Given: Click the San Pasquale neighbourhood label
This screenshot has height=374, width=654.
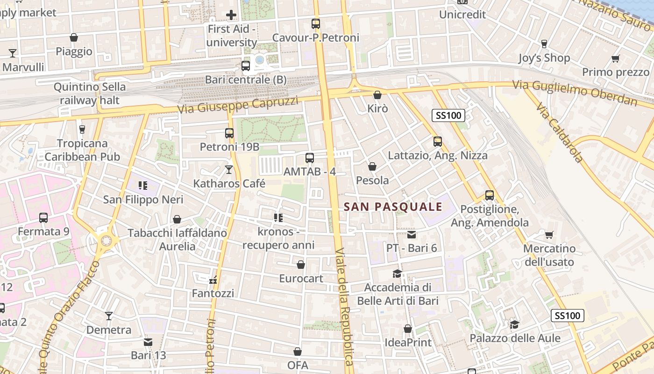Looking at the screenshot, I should pyautogui.click(x=393, y=207).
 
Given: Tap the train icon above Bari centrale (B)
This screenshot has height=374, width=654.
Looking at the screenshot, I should pyautogui.click(x=246, y=66).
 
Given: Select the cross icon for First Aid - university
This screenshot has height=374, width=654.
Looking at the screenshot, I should pyautogui.click(x=231, y=15).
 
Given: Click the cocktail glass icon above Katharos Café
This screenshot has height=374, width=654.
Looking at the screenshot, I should pyautogui.click(x=229, y=169).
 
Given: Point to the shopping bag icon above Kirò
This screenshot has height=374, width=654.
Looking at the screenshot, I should pyautogui.click(x=377, y=95).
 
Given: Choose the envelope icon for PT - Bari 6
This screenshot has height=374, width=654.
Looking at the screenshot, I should pyautogui.click(x=411, y=234).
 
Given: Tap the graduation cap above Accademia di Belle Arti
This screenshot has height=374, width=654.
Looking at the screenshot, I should pyautogui.click(x=397, y=273).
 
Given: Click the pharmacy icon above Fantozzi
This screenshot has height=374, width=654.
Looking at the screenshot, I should pyautogui.click(x=213, y=280).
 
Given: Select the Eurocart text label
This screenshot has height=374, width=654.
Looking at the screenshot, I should pyautogui.click(x=301, y=279).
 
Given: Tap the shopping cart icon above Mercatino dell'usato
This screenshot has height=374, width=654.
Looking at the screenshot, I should pyautogui.click(x=549, y=235).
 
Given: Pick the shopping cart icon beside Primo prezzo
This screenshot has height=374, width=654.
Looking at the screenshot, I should pyautogui.click(x=615, y=58).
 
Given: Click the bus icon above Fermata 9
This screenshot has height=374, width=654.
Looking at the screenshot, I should pyautogui.click(x=43, y=217).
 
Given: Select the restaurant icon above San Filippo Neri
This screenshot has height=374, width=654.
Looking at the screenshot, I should pyautogui.click(x=143, y=186).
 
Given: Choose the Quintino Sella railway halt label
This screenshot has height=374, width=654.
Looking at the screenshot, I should pyautogui.click(x=90, y=93).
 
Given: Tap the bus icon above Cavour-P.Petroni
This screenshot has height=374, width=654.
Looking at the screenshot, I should pyautogui.click(x=316, y=23).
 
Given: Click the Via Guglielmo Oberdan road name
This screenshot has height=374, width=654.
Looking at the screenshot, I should pyautogui.click(x=575, y=93).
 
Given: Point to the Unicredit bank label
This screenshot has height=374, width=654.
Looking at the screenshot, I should pyautogui.click(x=462, y=14).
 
